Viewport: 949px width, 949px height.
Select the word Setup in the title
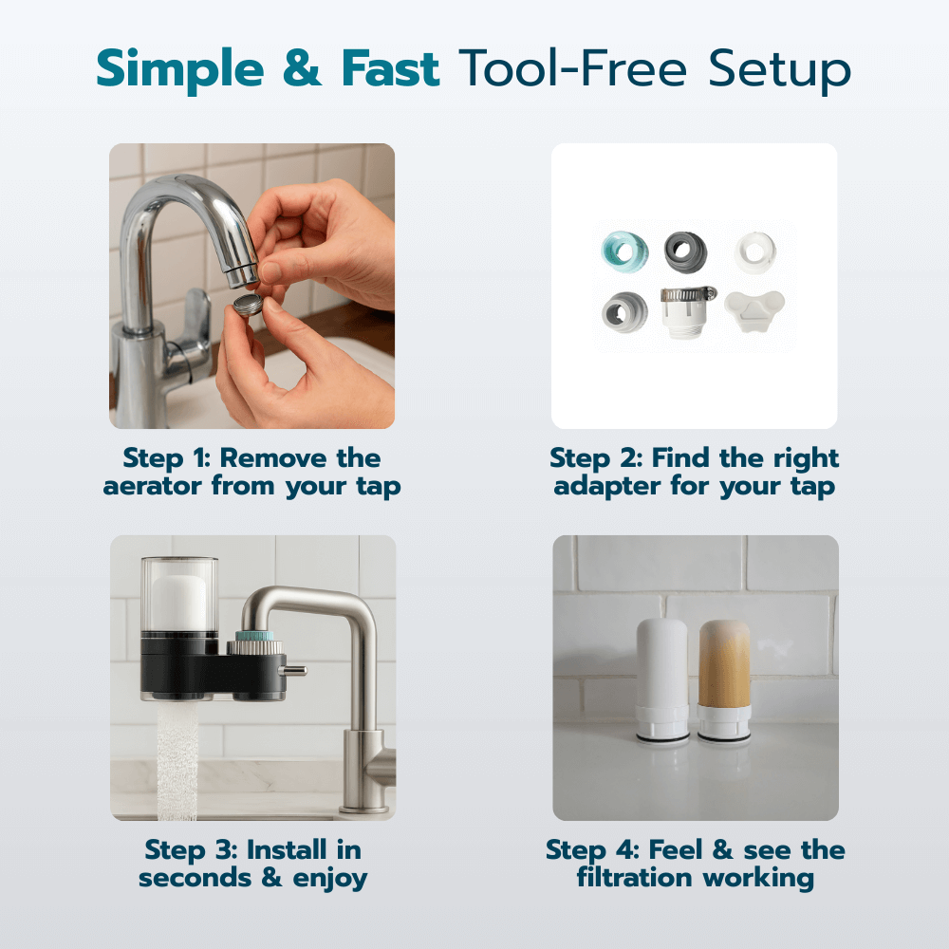tap(777, 70)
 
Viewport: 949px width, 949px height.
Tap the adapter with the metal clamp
tap(689, 315)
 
